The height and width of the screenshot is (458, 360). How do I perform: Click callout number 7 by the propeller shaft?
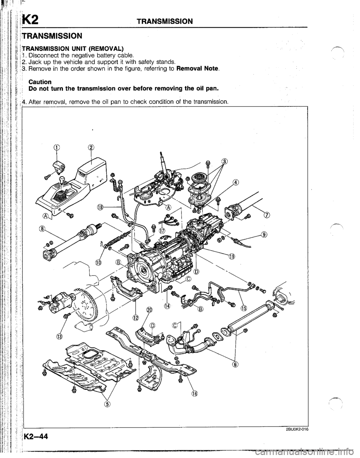[267, 215]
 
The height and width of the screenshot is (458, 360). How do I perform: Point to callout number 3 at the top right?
[225, 162]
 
